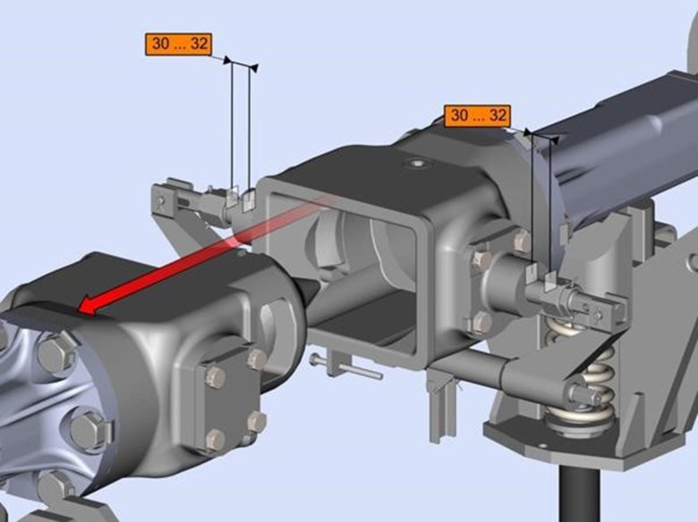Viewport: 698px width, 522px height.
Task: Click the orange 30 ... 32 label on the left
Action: tap(178, 44)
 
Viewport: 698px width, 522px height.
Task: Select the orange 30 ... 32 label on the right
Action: tap(477, 115)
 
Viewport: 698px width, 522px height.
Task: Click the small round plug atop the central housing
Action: tap(418, 164)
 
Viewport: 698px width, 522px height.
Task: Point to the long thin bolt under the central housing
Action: tap(346, 366)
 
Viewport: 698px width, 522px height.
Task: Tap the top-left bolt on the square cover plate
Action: tap(216, 376)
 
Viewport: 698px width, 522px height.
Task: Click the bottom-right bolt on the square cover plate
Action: tap(257, 422)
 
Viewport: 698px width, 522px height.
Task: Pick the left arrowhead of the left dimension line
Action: tap(228, 60)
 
